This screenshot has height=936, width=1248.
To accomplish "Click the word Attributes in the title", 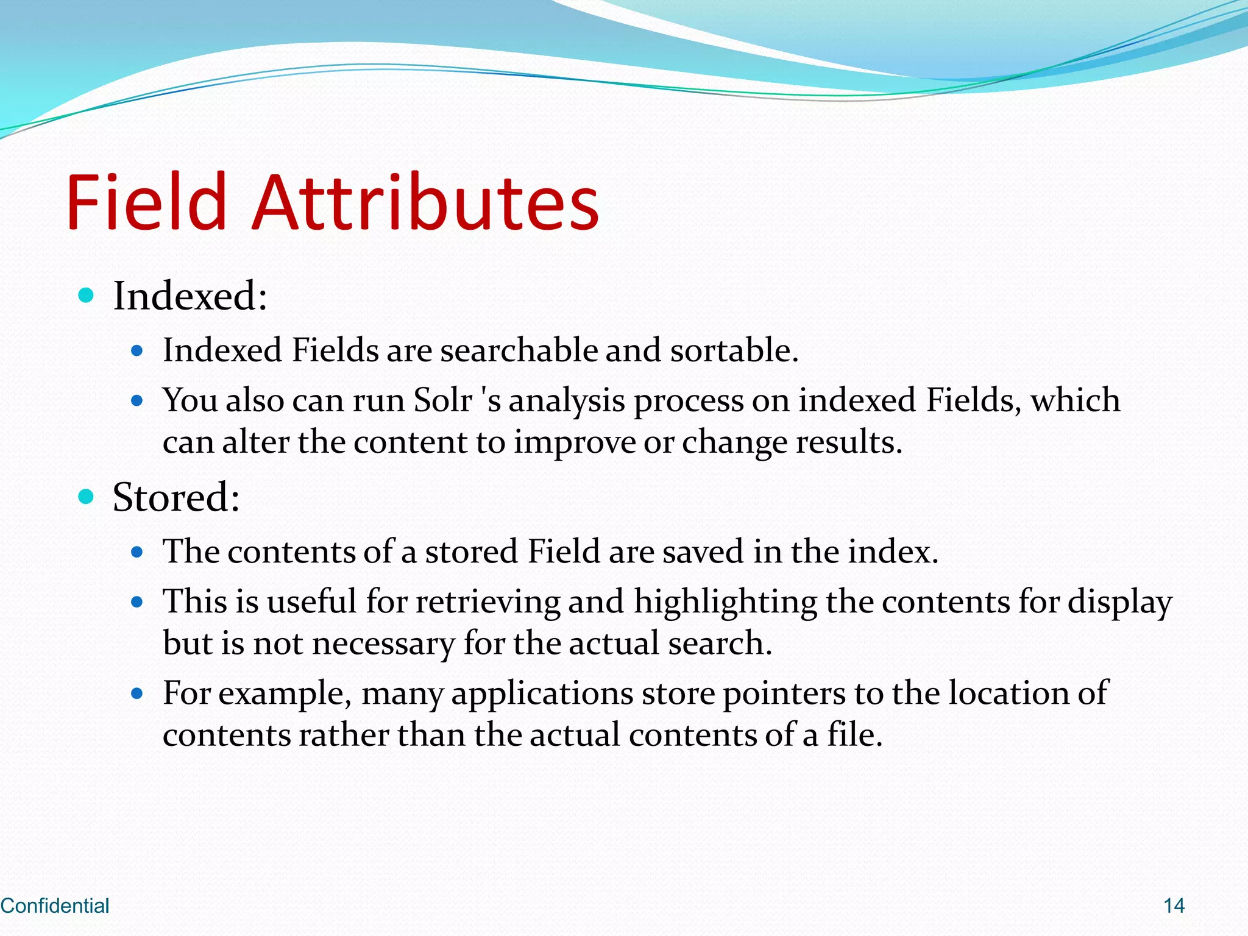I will click(x=425, y=202).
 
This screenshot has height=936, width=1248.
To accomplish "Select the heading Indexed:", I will click(x=190, y=296).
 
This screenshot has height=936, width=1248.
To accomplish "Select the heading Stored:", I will click(x=176, y=497).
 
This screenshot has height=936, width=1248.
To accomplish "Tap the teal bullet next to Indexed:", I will click(x=87, y=296).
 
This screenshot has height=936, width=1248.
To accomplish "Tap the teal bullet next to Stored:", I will click(x=87, y=497).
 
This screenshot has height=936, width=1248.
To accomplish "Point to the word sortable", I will click(x=733, y=350).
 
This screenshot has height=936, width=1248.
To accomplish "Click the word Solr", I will click(x=442, y=400).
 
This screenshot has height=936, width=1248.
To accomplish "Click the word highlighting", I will click(x=725, y=603).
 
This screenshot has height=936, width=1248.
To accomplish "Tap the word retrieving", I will click(x=487, y=603).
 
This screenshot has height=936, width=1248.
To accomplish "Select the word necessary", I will click(x=383, y=644).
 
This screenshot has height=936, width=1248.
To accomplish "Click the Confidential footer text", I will click(x=55, y=906).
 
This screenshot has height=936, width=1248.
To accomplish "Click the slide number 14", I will click(x=1174, y=906).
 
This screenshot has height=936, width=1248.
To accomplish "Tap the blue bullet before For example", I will click(x=137, y=693).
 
